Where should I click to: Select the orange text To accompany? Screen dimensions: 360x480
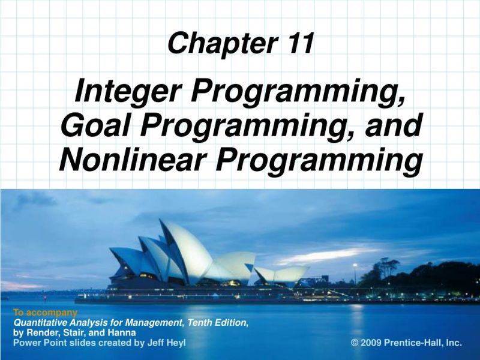coord(45,313)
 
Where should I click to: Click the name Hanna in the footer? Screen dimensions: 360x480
coord(123,332)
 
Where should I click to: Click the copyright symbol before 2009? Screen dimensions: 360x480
coord(355,343)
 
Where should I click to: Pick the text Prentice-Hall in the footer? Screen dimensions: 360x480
coord(415,343)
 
